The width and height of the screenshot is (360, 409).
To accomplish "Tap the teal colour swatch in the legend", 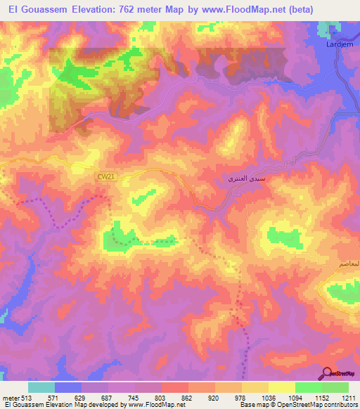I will click(41, 387).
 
